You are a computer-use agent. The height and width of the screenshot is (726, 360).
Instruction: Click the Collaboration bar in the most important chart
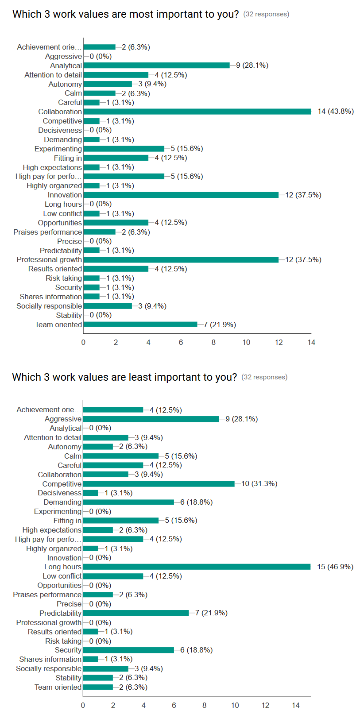(x=197, y=112)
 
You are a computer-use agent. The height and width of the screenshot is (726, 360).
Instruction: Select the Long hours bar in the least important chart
(x=197, y=567)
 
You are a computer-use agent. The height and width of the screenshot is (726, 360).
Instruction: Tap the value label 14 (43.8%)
(x=336, y=112)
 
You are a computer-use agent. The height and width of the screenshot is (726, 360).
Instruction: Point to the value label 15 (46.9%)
(x=335, y=567)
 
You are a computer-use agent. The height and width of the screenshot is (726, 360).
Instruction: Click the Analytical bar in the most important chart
(x=156, y=66)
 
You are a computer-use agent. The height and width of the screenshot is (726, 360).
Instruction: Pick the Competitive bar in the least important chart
(x=159, y=484)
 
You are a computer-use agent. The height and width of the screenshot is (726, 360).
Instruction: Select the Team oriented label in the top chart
(x=58, y=325)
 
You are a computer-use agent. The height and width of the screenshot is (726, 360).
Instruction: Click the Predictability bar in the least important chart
(x=135, y=613)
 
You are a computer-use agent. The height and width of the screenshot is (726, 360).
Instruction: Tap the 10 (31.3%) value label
(x=259, y=484)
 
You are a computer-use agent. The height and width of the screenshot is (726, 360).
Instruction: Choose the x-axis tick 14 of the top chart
(x=311, y=342)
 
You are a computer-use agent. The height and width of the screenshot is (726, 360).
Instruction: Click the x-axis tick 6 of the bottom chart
(x=174, y=705)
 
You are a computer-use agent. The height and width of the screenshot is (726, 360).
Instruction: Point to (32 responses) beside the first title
(x=266, y=14)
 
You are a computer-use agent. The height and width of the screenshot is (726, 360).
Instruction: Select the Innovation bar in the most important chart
(x=181, y=195)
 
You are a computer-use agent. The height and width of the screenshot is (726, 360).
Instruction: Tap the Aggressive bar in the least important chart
(x=151, y=419)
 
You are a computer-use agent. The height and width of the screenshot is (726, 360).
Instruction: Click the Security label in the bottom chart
(x=68, y=650)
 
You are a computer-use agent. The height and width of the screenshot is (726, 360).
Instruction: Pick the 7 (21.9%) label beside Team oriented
(x=220, y=325)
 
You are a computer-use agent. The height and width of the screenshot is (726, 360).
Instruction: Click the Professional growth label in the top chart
(x=49, y=260)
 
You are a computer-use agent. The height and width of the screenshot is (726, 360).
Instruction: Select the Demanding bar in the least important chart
(x=128, y=502)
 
